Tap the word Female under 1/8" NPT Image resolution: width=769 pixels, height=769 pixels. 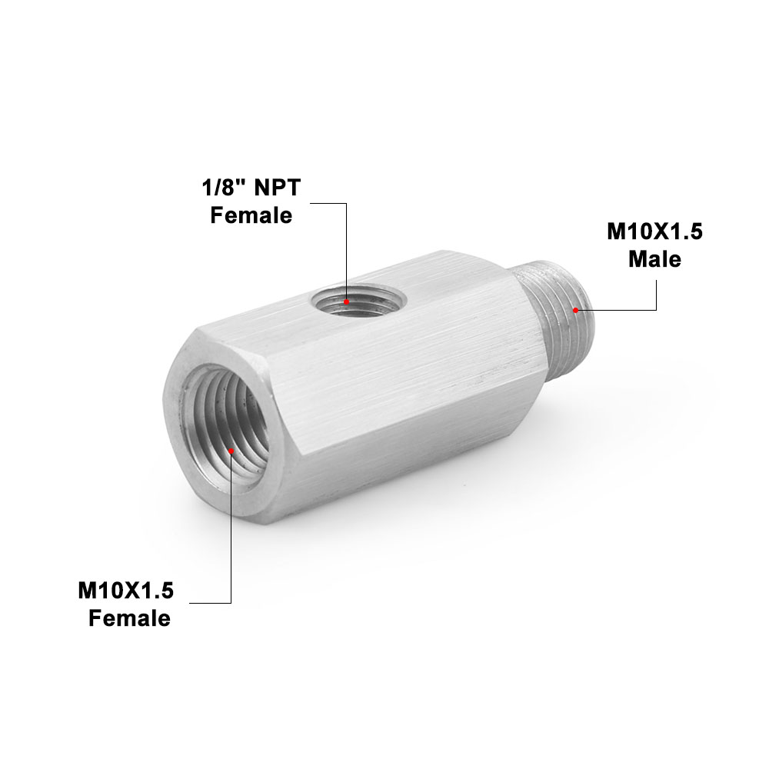coord(251,215)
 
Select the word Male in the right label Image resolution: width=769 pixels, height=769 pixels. coord(654,259)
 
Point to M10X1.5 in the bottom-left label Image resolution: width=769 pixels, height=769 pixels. coord(126,591)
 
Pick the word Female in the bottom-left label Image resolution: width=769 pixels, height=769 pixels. coord(129,618)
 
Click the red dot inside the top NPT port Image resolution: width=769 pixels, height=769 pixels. coord(347,302)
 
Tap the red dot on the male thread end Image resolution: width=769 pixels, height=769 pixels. coord(575,310)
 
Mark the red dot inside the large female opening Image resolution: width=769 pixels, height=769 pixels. coord(231,451)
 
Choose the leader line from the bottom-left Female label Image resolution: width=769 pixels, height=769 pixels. coord(230,554)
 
